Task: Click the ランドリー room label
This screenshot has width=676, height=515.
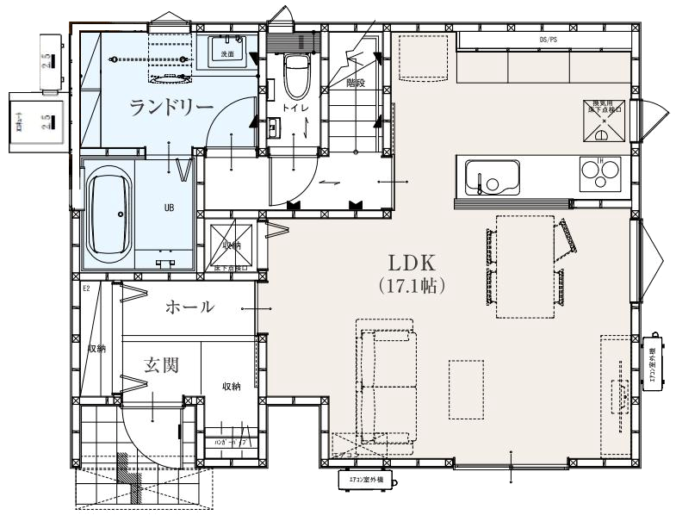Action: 172,107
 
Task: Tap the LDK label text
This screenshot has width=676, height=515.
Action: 412,262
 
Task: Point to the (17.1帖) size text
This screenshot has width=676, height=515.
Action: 412,285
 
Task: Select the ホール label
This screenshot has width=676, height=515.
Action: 189,307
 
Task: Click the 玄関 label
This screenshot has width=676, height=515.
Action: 161,365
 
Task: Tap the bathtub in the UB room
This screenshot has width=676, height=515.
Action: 109,213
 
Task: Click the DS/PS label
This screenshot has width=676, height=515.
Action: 549,40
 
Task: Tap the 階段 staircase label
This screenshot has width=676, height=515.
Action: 356,83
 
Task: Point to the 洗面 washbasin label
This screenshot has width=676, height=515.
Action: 227,53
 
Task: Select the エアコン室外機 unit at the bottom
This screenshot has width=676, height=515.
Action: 362,478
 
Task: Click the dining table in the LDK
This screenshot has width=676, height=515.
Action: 524,266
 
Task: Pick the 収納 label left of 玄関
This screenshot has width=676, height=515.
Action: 96,349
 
